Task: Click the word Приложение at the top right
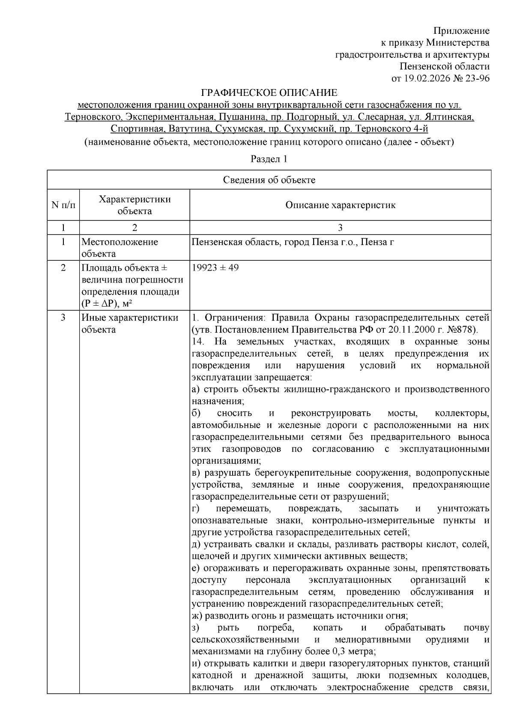[461, 31]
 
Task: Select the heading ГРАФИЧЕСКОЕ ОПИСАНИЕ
[269, 92]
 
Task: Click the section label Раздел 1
[269, 159]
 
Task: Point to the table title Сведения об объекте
[269, 180]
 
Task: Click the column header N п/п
[63, 205]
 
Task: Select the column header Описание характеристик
[341, 205]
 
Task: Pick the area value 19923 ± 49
[215, 268]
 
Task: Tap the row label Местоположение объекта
[120, 247]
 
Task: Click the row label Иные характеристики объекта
[129, 324]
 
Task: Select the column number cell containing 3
[341, 227]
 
